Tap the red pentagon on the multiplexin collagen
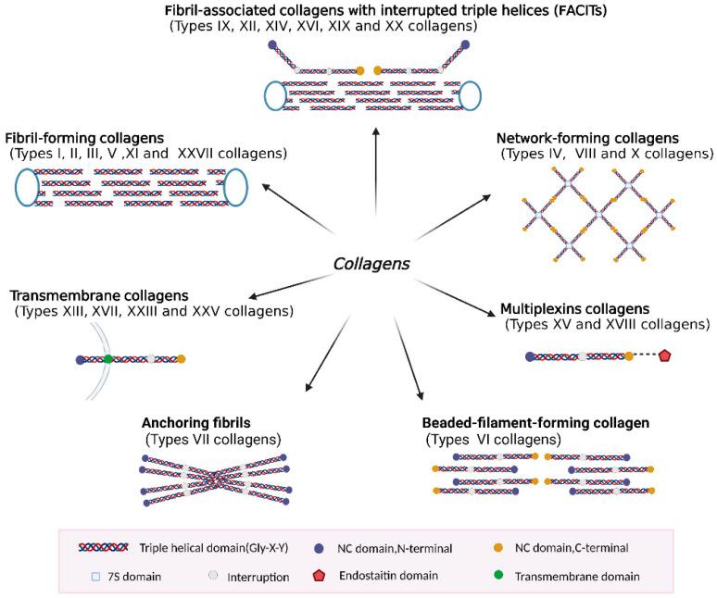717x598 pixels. tap(664, 356)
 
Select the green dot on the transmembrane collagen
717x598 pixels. tap(108, 358)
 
